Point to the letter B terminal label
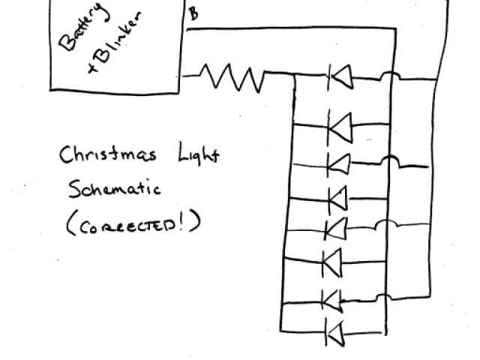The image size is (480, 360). pos(194,12)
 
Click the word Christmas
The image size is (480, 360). pos(108,155)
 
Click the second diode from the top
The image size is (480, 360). pos(339,125)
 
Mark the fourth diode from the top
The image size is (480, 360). pos(338,198)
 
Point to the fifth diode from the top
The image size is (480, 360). pos(335,226)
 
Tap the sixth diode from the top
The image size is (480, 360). pos(332,262)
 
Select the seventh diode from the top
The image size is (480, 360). pos(332,300)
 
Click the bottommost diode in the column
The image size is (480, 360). pos(332,330)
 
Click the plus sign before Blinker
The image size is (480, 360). pos(93,68)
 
